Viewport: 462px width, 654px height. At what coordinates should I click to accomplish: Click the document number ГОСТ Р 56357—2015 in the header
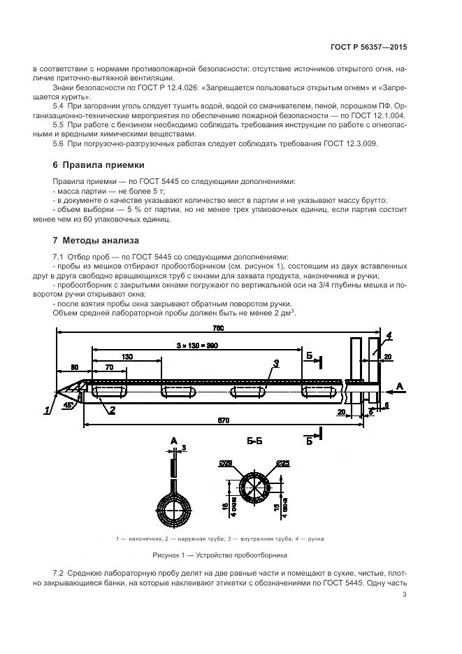click(x=368, y=47)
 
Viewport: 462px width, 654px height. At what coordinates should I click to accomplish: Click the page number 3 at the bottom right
click(x=405, y=595)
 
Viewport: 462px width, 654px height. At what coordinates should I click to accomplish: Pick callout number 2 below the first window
click(x=111, y=411)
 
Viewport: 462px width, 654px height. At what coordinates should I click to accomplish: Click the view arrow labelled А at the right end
click(x=400, y=385)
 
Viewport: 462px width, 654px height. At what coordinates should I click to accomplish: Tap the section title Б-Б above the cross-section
click(x=254, y=441)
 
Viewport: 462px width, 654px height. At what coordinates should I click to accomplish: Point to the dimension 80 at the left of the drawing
click(x=73, y=367)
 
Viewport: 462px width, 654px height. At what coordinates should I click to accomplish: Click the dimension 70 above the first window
click(x=109, y=367)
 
